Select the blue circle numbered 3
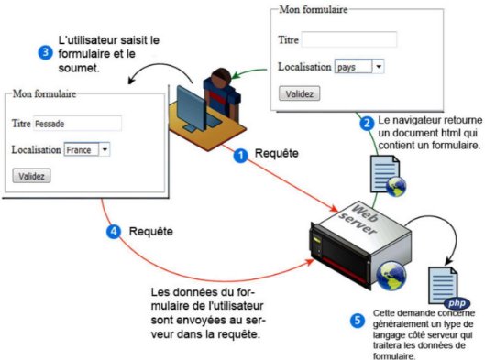(x=45, y=52)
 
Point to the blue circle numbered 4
(x=114, y=232)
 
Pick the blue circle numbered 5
(x=358, y=320)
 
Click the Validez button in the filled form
(x=31, y=175)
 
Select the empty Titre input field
(x=348, y=40)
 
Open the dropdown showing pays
(x=358, y=67)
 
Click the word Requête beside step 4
(x=151, y=232)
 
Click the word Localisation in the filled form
(x=36, y=149)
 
